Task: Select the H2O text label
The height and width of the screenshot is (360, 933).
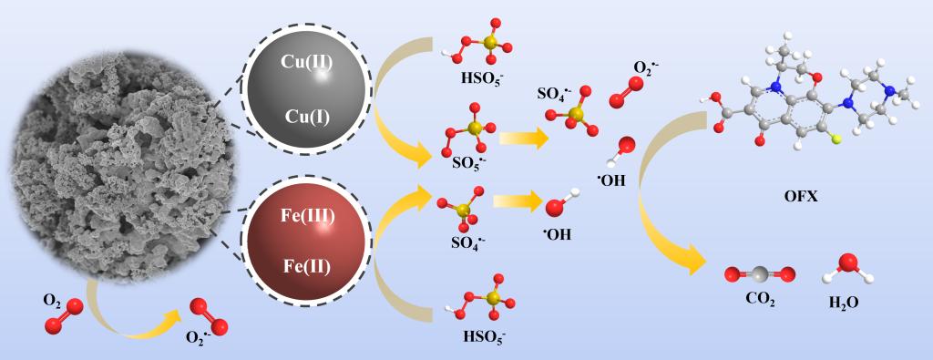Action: point(844,303)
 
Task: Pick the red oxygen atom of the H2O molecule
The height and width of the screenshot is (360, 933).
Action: point(848,263)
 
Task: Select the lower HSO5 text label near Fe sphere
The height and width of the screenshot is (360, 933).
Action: point(484,336)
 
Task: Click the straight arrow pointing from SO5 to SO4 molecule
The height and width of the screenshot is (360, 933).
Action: point(524,139)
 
